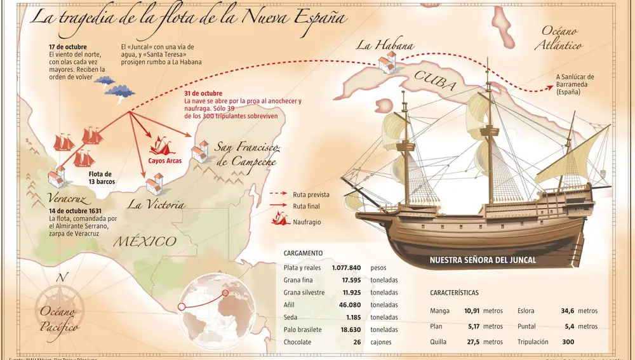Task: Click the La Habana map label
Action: coord(385,45)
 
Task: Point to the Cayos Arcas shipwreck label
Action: coord(165,161)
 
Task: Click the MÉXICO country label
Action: coord(145,241)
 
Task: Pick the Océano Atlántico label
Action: coord(559,38)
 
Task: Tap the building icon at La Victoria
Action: coord(154,185)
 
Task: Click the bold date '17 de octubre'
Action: coord(68,47)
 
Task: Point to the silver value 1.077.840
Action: coord(346,268)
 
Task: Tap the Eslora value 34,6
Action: coord(567,311)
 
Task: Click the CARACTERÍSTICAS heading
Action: coord(454,293)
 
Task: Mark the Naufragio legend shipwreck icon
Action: coord(279,220)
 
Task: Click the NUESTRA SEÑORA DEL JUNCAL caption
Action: coord(483,260)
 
